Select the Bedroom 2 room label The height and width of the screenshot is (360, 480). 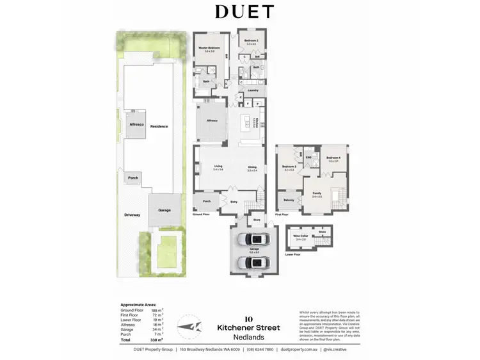252,41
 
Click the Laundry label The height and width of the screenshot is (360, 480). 252,90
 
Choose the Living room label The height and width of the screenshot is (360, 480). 218,167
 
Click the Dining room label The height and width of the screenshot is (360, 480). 252,167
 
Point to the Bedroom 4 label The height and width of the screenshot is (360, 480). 333,158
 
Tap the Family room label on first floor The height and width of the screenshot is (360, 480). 317,193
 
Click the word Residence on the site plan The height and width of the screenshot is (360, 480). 159,126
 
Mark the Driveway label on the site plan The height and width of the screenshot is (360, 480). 132,215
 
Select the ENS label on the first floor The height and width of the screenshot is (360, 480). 308,157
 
